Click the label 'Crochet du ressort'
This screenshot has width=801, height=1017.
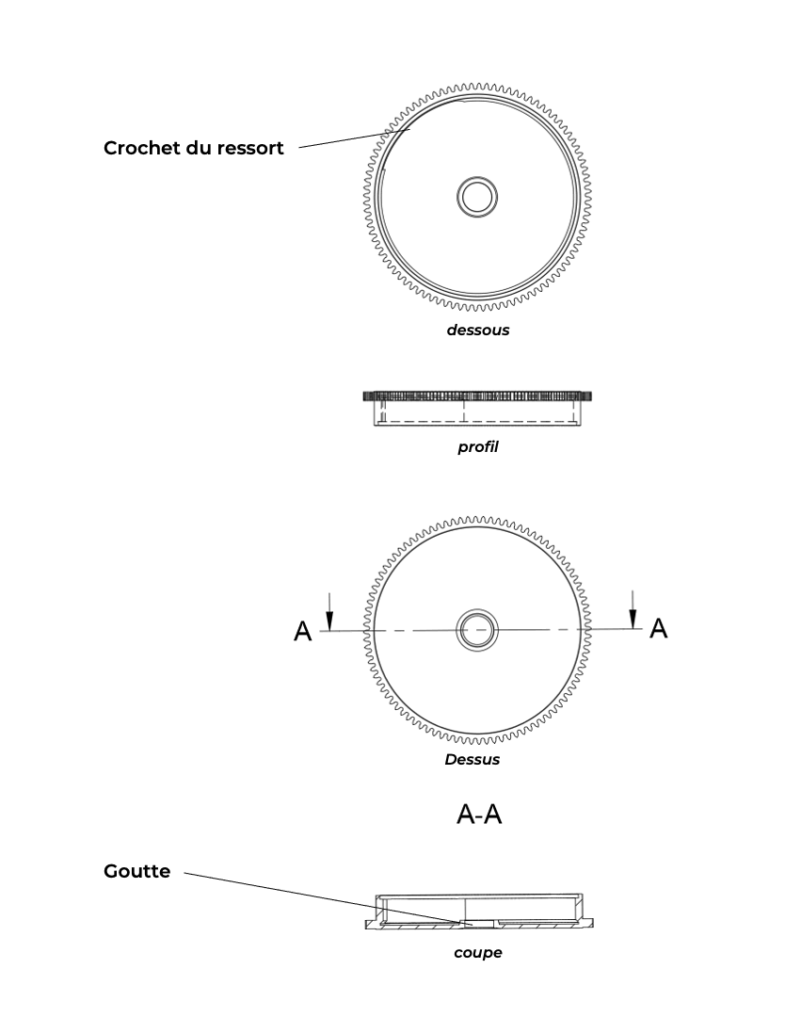[x=194, y=148]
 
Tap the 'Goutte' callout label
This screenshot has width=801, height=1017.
[x=136, y=871]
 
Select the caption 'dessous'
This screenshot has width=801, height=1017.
[x=477, y=331]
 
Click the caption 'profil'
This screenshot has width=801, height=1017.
[x=477, y=447]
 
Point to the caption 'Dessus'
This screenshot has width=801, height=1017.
[x=473, y=760]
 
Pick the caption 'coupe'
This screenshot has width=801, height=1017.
[x=477, y=953]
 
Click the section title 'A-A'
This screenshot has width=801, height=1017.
[x=479, y=814]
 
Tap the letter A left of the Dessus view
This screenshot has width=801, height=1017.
[x=303, y=631]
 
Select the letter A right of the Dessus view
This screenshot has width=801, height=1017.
[x=659, y=628]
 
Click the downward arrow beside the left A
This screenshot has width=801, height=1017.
[x=329, y=612]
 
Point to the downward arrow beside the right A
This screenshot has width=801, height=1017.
[x=633, y=609]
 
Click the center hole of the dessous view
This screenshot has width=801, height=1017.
[x=477, y=197]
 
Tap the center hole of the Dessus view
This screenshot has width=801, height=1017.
[x=477, y=630]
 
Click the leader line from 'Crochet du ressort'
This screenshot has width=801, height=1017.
[x=355, y=138]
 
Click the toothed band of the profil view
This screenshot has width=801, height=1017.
[x=477, y=395]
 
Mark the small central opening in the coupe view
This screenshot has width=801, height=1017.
[x=477, y=923]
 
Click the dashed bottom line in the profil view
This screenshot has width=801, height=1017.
[x=477, y=422]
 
